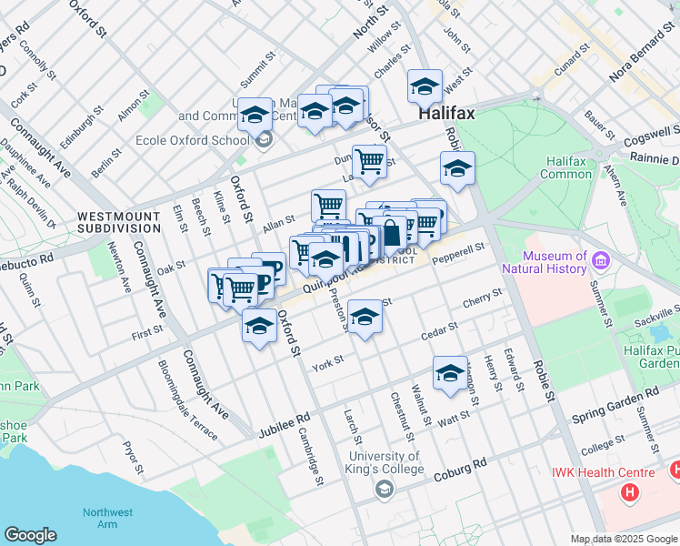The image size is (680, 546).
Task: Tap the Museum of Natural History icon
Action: pyautogui.click(x=600, y=262)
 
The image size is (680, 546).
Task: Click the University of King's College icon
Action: pyautogui.click(x=385, y=490)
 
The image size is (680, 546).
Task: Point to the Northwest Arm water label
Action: pyautogui.click(x=107, y=518)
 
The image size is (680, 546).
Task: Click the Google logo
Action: pyautogui.click(x=30, y=535)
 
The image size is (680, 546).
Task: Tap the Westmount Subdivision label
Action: pyautogui.click(x=119, y=222)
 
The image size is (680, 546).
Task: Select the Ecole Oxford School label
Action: pyautogui.click(x=192, y=140)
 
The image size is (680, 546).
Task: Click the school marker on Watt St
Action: pyautogui.click(x=450, y=374)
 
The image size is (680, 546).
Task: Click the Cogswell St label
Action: pyautogui.click(x=646, y=140)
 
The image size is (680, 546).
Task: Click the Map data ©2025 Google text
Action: pyautogui.click(x=623, y=539)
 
